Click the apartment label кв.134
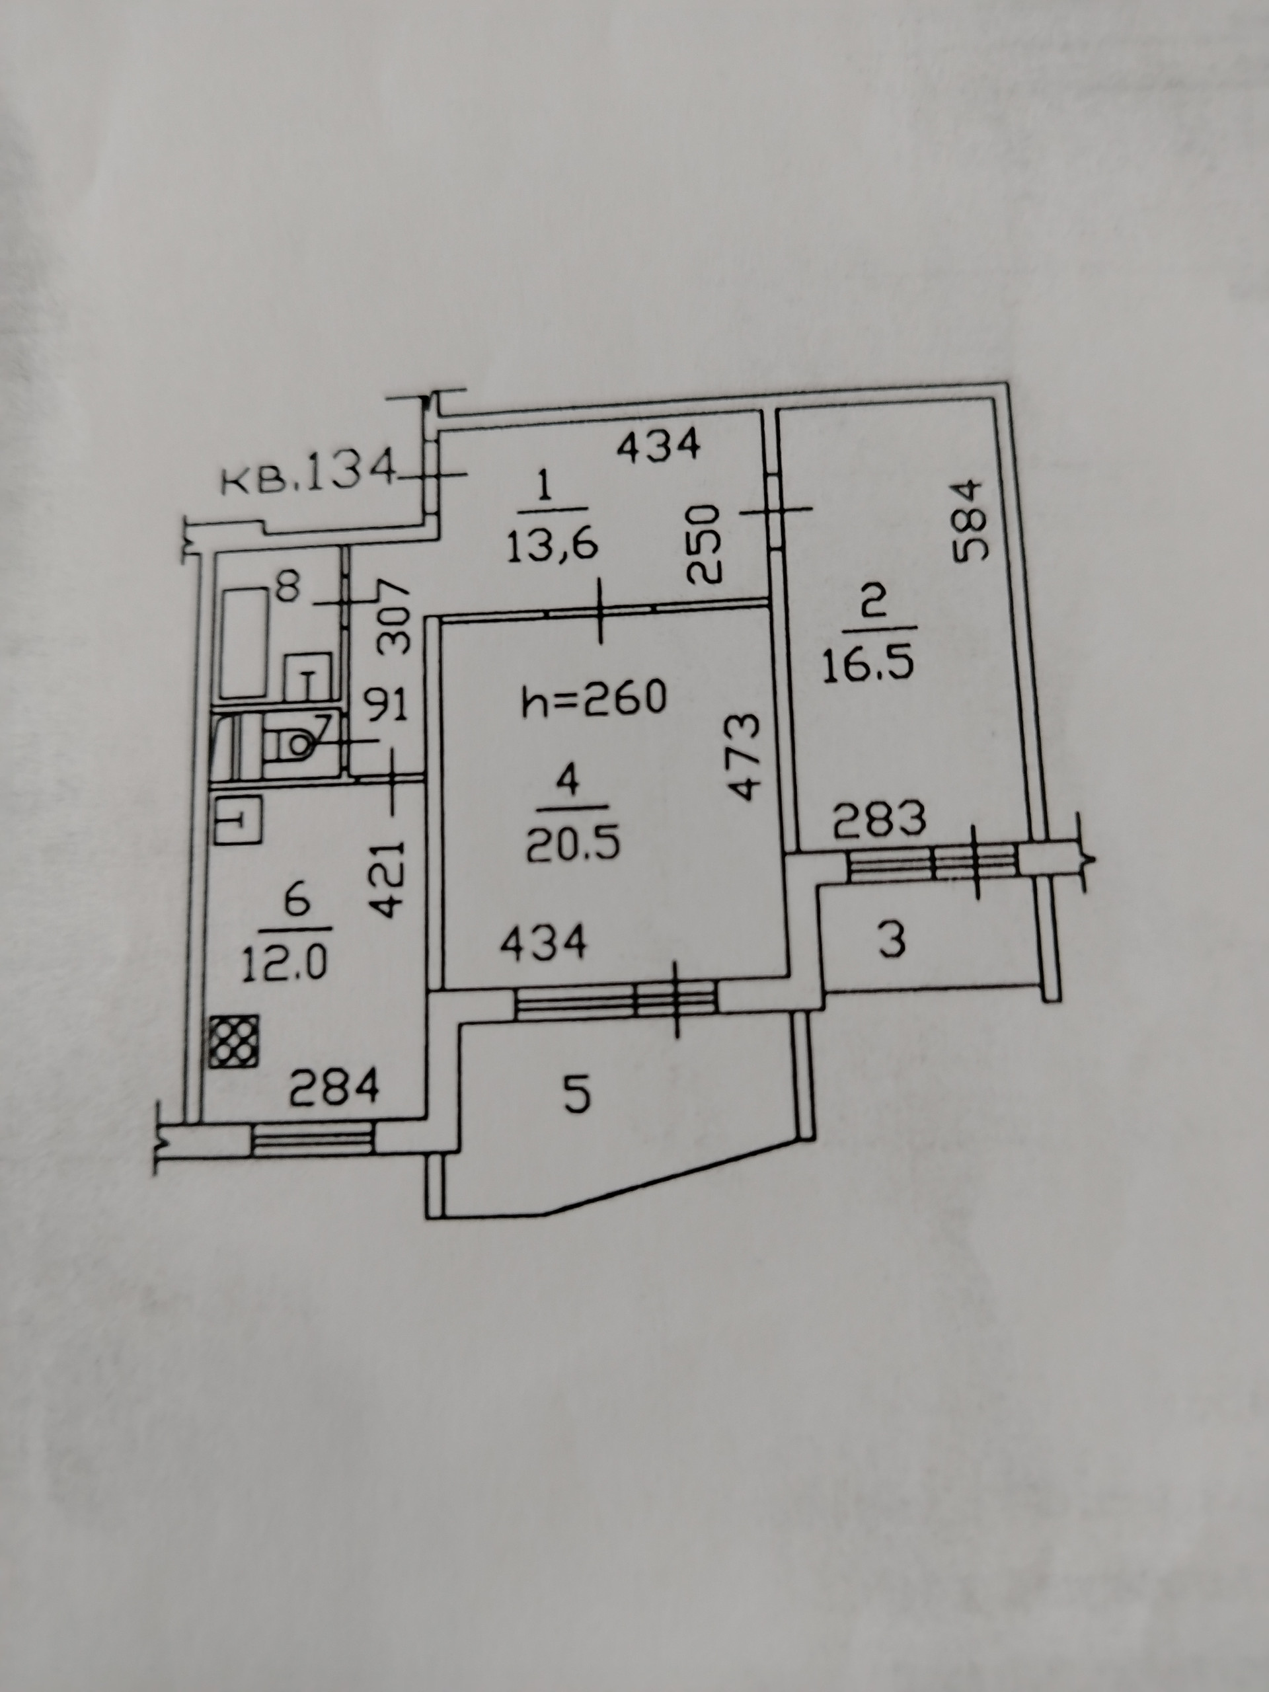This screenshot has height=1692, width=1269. coord(307,478)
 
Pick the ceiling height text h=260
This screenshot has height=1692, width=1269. coord(595,700)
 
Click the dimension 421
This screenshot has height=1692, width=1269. coord(389,880)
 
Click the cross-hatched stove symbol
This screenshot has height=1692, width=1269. coord(235,1041)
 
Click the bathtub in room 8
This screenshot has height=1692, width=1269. coord(243,642)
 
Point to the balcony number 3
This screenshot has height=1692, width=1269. coord(892,940)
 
